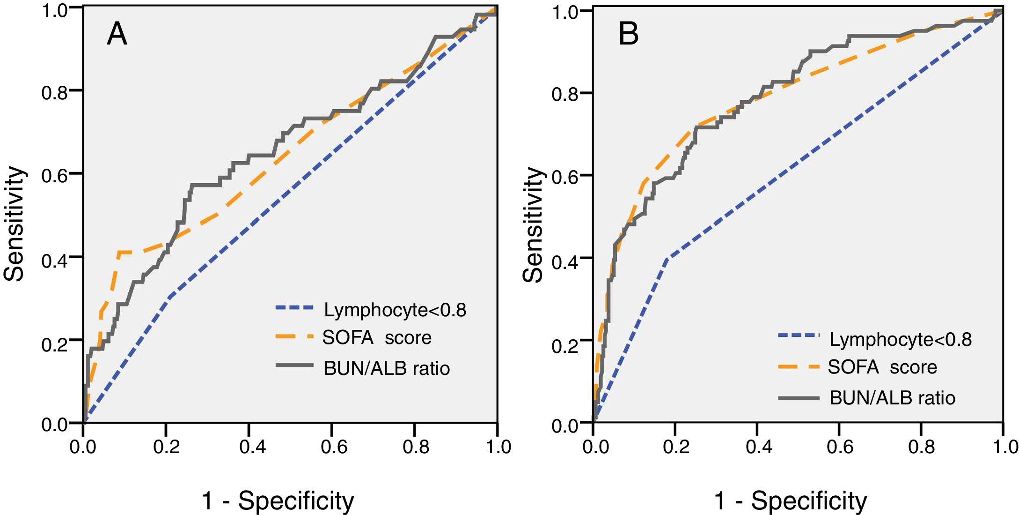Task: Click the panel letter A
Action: tap(117, 34)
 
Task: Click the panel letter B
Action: tap(628, 34)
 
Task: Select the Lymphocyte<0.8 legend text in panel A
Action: tap(395, 310)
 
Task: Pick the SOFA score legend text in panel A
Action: tap(377, 337)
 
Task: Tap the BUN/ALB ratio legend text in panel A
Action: tap(387, 368)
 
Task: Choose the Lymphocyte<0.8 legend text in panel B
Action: tap(900, 339)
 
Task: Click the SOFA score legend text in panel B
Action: tap(882, 367)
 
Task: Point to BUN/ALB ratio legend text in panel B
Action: tap(892, 398)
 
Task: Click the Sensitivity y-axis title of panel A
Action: tap(14, 224)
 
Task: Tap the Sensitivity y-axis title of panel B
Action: tap(533, 225)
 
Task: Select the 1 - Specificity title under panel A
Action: tap(278, 500)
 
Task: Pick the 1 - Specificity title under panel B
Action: tap(790, 500)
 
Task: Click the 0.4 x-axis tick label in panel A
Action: tap(252, 447)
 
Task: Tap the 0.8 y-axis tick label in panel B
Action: tap(565, 94)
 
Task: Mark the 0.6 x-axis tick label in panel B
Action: tap(840, 447)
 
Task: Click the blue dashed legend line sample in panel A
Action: tap(294, 308)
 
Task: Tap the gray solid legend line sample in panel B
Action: tap(799, 398)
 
